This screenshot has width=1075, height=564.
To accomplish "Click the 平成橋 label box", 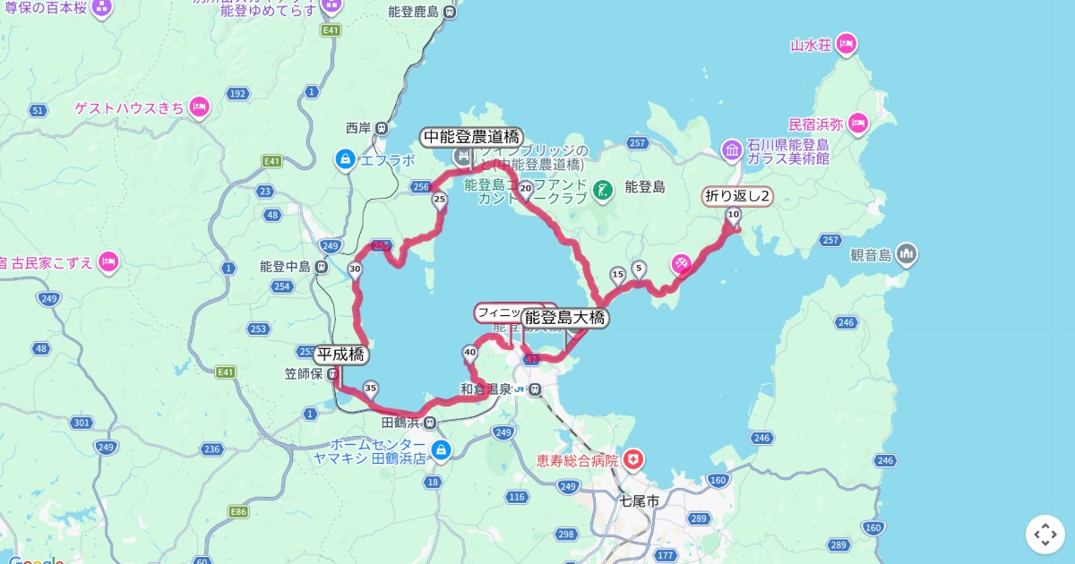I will click(x=341, y=355).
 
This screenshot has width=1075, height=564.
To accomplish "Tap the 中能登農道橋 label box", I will click(x=471, y=137).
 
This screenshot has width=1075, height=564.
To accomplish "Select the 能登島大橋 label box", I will click(x=565, y=318).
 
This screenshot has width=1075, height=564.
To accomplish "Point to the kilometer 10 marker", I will click(x=734, y=215).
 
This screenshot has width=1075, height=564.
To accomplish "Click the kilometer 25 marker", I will click(x=440, y=201).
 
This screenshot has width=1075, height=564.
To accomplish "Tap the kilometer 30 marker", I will click(x=356, y=269).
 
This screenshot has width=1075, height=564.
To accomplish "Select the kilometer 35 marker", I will click(x=371, y=389).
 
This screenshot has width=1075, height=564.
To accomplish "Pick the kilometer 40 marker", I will click(x=470, y=353).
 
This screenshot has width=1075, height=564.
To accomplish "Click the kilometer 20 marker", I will click(x=526, y=189).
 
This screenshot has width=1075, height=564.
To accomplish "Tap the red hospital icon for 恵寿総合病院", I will click(x=634, y=460).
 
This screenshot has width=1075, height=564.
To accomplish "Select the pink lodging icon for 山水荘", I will click(x=847, y=43).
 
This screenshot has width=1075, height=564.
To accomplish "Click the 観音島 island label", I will click(x=872, y=255).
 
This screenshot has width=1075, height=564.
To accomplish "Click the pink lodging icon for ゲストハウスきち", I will click(x=199, y=107).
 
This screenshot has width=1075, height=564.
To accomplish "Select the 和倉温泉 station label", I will click(x=486, y=389).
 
